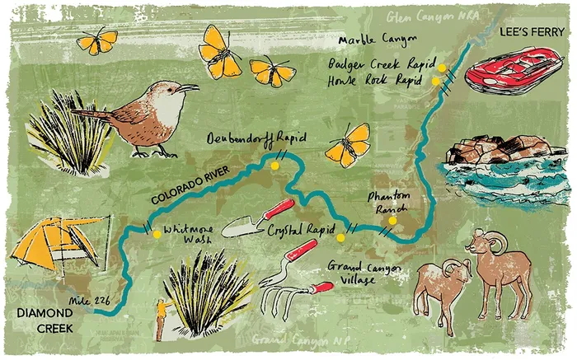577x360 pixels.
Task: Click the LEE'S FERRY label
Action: (x=531, y=32)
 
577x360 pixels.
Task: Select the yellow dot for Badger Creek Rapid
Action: (x=442, y=68)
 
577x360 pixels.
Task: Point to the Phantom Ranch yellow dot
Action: (x=392, y=220)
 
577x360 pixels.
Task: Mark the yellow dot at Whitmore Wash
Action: (x=157, y=234)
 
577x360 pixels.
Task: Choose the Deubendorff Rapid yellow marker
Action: (x=275, y=164)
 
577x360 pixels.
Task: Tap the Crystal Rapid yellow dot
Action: (x=340, y=238)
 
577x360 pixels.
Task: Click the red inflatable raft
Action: (x=514, y=69)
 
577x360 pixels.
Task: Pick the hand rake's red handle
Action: (x=318, y=288)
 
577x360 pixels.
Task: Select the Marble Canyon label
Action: (x=371, y=40)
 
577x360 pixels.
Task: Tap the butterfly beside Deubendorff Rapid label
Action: (x=348, y=145)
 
